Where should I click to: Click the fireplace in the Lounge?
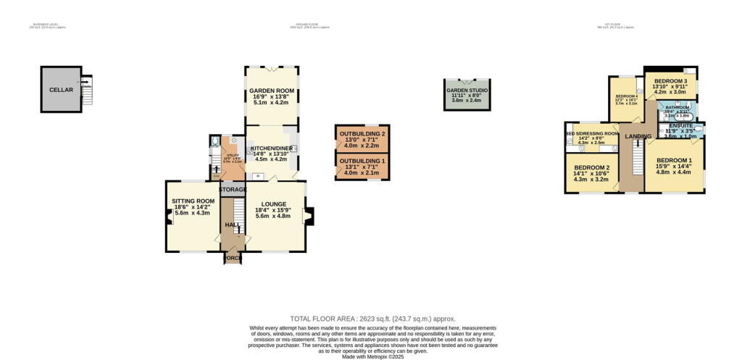[309, 216]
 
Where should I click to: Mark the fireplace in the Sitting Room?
[170, 216]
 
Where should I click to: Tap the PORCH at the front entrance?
[233, 258]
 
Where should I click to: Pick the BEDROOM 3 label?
[670, 81]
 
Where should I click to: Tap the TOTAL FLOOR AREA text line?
[372, 318]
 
